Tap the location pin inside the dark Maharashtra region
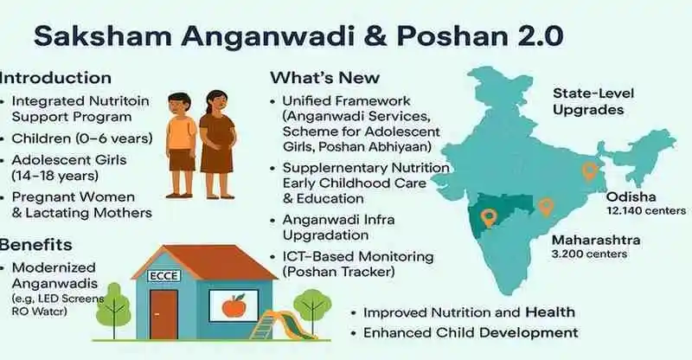495,219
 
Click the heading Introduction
55,78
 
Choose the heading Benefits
35,244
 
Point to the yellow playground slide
276,327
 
